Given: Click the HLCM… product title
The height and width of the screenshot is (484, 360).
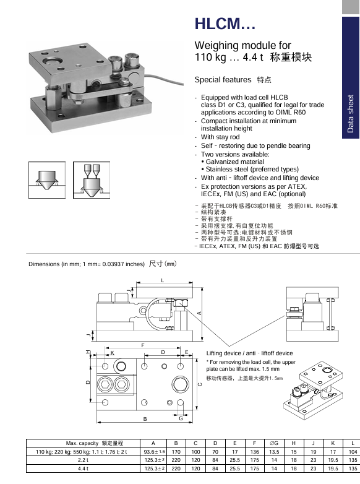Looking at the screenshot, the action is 225,24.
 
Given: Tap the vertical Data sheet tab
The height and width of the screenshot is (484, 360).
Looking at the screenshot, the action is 351,77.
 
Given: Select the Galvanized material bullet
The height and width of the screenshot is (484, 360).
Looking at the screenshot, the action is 233,162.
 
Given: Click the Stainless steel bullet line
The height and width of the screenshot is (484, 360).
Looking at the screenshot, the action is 250,169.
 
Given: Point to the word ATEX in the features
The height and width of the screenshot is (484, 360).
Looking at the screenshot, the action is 297,186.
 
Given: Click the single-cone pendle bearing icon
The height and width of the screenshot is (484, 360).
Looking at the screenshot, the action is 47,180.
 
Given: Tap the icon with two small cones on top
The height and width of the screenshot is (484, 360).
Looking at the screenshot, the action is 92,180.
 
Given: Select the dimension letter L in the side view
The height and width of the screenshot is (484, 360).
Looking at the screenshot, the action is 163,280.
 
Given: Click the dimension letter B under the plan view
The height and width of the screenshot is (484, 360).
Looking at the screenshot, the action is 145,419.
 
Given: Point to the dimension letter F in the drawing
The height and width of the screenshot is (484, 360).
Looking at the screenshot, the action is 143,345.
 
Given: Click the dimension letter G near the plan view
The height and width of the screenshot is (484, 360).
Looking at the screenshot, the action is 181,418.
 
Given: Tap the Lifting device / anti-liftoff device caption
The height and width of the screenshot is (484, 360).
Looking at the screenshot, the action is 249,353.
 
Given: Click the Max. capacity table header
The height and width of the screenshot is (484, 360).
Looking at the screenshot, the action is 95,443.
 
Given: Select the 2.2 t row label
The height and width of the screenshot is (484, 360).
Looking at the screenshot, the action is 83,460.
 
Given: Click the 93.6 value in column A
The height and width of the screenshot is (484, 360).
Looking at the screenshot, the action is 154,452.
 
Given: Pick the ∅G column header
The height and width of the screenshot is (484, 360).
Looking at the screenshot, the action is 274,443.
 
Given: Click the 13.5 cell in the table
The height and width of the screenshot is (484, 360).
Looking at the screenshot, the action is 274,452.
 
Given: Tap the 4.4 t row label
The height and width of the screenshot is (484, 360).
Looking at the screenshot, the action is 83,469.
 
